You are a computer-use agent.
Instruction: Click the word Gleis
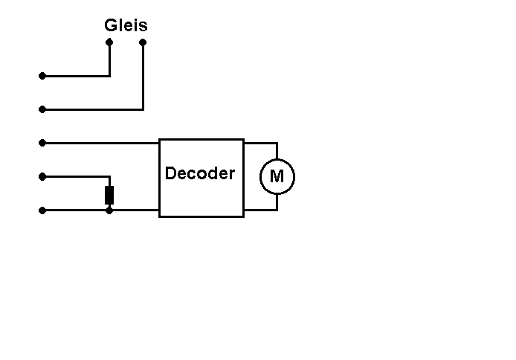point(126,25)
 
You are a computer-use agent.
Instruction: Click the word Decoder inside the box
point(199,173)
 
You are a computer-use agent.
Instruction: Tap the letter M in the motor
point(277,177)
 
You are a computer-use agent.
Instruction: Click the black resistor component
point(109,195)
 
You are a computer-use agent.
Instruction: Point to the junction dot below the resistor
point(109,210)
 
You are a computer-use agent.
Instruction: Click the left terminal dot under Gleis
point(109,42)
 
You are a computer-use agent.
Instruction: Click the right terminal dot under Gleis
point(143,42)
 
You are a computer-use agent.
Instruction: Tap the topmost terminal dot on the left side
point(42,76)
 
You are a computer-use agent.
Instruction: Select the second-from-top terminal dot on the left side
point(42,109)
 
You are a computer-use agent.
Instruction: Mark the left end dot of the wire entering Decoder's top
point(42,143)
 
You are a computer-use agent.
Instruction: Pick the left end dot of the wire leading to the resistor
point(42,176)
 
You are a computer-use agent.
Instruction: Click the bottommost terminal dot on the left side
point(42,210)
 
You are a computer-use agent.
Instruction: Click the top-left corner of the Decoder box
point(160,140)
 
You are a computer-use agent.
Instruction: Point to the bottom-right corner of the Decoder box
point(243,216)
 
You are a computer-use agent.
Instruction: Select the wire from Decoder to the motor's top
point(261,143)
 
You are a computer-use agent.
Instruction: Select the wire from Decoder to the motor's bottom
point(261,210)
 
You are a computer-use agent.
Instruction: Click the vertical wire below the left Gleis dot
point(109,60)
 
